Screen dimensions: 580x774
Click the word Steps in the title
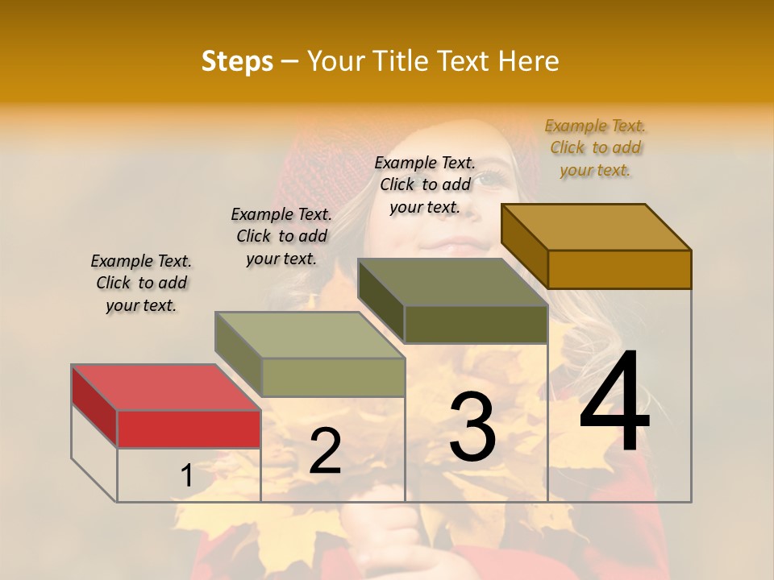237,61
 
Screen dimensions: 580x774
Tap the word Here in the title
529,61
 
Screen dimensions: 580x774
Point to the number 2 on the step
325,451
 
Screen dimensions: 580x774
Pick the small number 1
187,476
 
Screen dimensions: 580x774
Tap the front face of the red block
189,429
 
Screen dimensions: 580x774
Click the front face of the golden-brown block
619,269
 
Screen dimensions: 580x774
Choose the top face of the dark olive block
452,282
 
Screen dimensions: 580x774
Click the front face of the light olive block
333,377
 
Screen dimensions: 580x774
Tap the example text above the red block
141,283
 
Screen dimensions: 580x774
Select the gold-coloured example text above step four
596,147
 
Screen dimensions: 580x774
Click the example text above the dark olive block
425,184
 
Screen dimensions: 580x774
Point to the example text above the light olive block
281,236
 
